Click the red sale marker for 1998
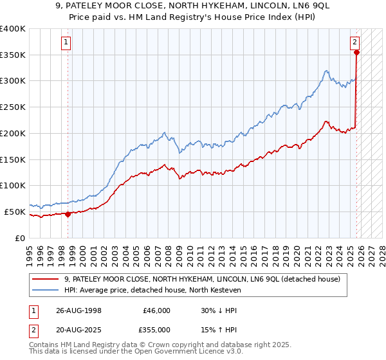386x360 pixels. [x=68, y=214]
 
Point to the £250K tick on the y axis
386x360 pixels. [x=12, y=107]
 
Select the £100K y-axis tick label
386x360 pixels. [x=12, y=186]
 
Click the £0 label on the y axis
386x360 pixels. [x=19, y=238]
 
